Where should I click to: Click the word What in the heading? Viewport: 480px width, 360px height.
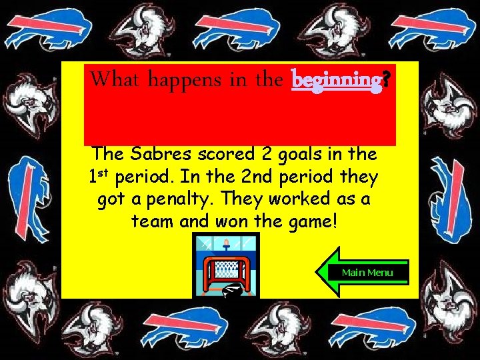[116, 79]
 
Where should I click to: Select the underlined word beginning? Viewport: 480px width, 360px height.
[335, 80]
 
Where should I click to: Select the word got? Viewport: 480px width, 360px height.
[112, 199]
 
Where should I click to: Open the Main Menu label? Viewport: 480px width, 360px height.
[367, 272]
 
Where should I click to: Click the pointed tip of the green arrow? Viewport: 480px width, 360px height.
[319, 272]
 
